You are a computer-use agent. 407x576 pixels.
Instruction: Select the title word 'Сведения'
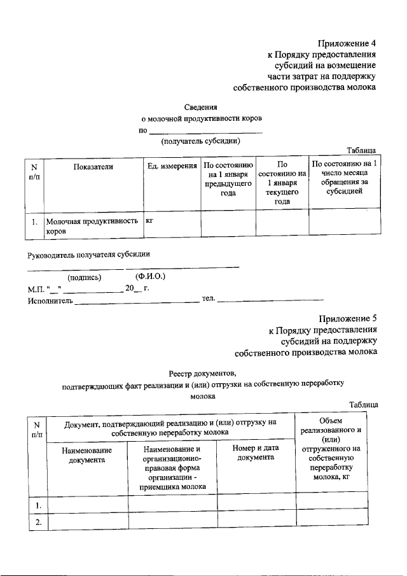point(200,107)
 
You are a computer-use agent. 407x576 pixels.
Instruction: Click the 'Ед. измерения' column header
point(172,166)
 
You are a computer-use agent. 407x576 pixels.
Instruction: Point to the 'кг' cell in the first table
point(151,221)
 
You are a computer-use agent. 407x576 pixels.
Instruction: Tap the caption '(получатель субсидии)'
point(200,141)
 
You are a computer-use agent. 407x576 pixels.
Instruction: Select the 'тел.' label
point(209,298)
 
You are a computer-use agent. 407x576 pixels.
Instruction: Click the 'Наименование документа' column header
point(87,455)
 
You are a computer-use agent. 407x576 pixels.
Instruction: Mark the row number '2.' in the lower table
point(38,521)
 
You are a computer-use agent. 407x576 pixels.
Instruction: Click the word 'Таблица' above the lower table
point(363,405)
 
